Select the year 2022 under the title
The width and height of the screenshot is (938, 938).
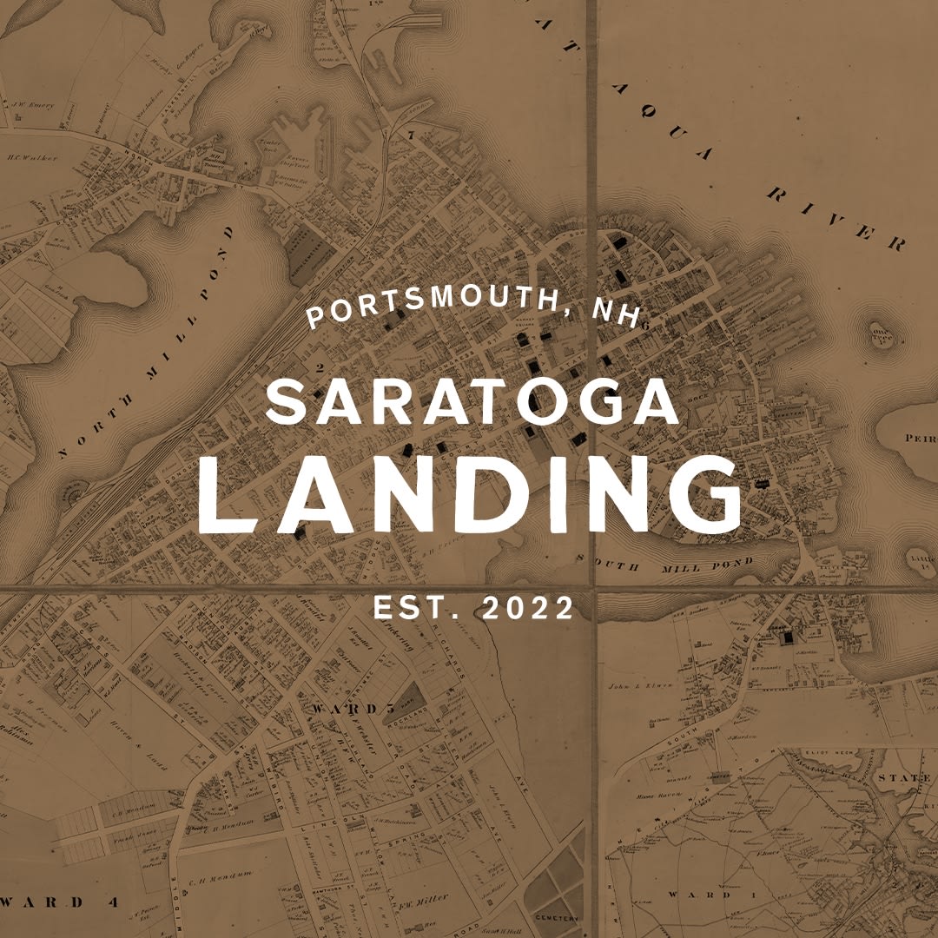tap(528, 609)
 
